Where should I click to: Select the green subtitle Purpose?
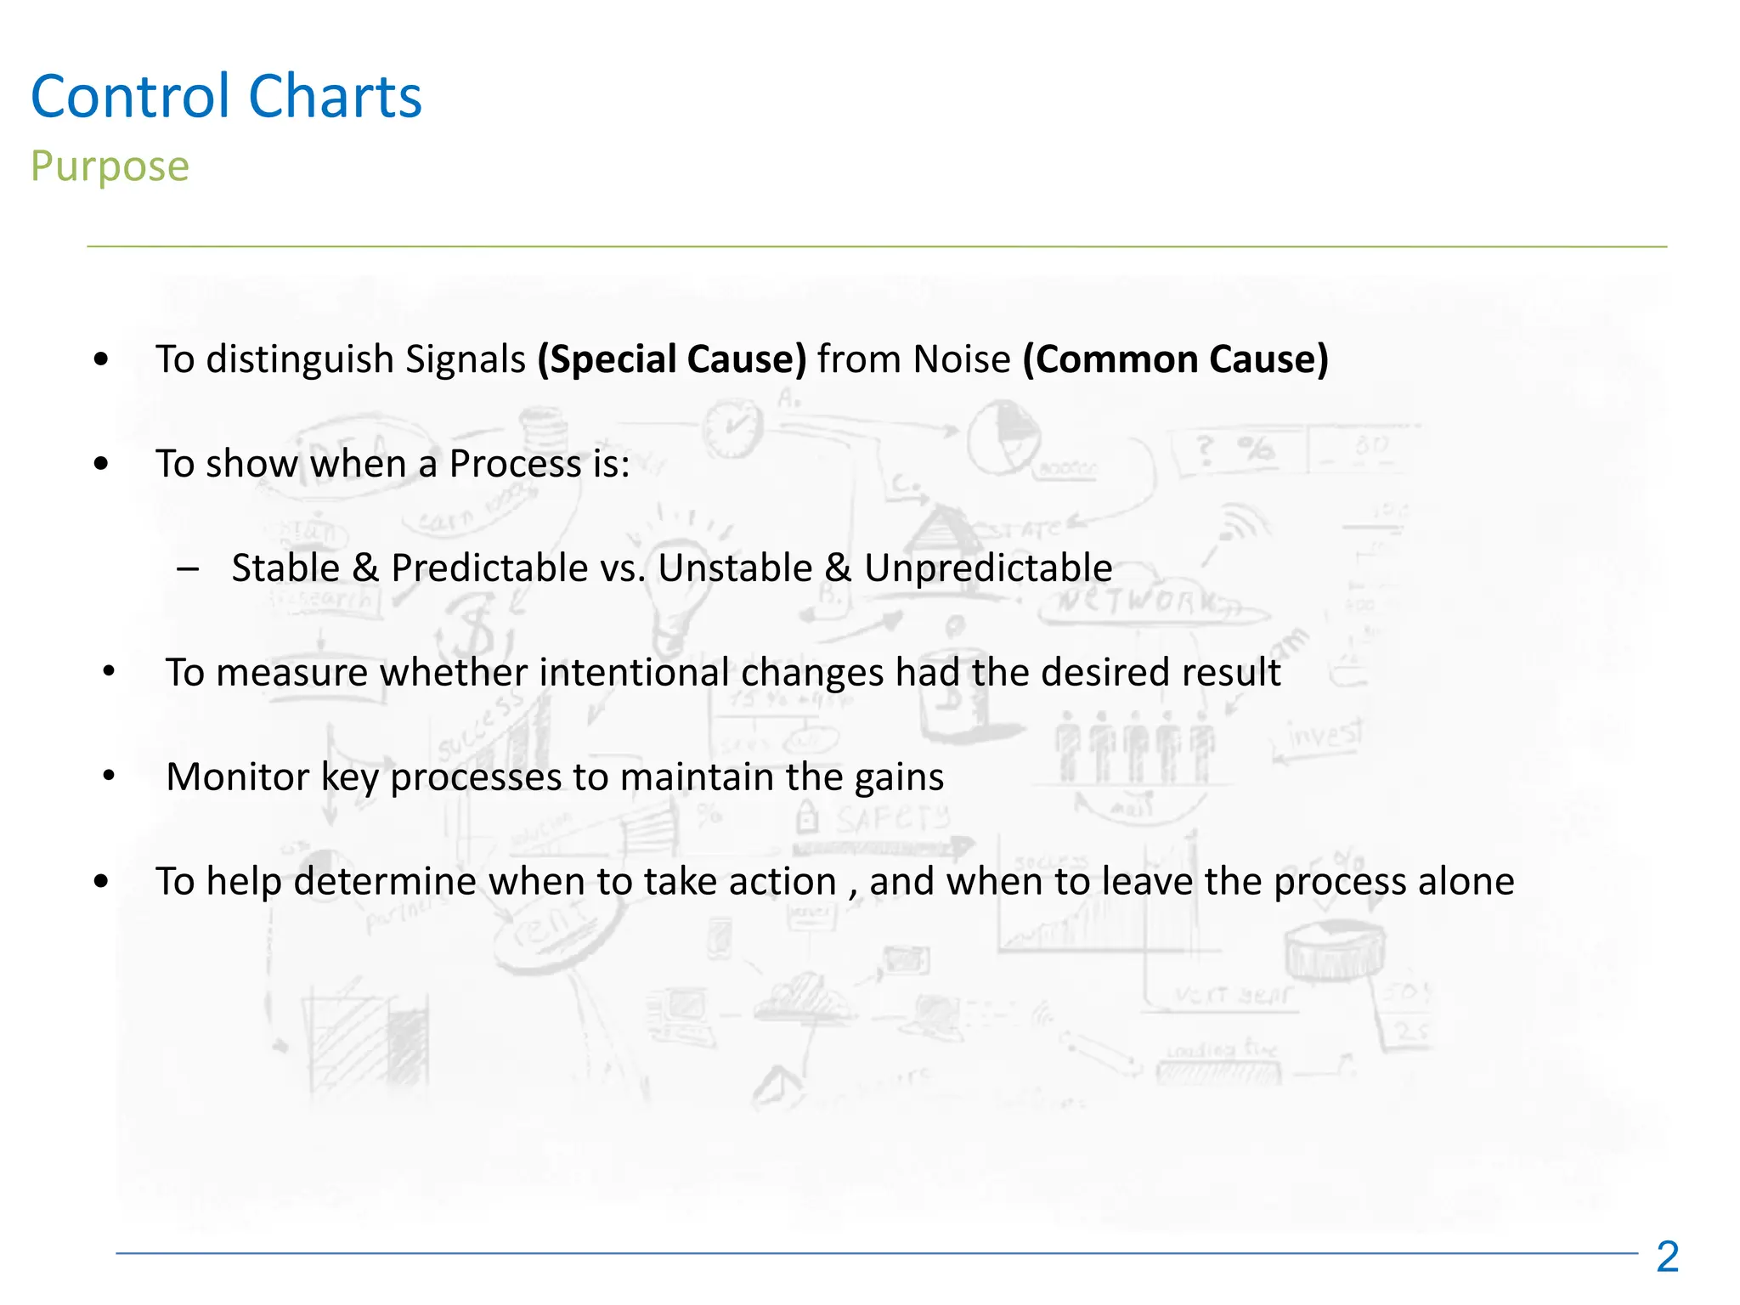click(110, 167)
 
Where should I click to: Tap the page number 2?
click(1667, 1257)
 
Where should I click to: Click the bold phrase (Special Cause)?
click(671, 359)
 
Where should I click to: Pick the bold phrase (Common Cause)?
click(1175, 359)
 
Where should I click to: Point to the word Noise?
click(961, 359)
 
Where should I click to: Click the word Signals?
click(465, 359)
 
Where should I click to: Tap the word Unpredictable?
click(988, 568)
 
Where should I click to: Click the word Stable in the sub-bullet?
click(285, 568)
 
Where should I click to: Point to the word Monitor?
click(238, 777)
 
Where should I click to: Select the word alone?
click(1466, 881)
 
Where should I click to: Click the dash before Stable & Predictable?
click(188, 568)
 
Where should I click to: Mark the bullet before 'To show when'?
click(102, 464)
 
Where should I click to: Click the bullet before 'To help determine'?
click(102, 882)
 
